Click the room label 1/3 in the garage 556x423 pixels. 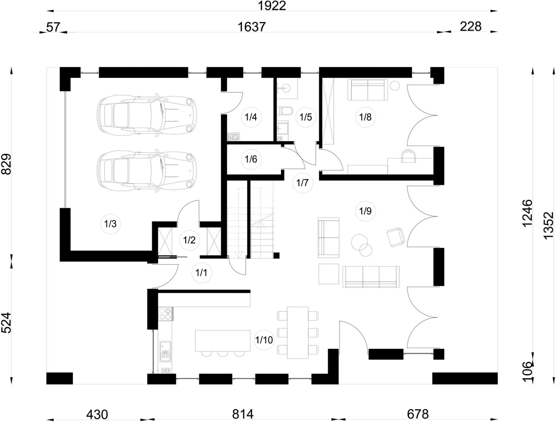pyautogui.click(x=110, y=224)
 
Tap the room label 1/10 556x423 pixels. pyautogui.click(x=264, y=340)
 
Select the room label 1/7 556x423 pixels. pyautogui.click(x=302, y=183)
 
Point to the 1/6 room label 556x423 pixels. pyautogui.click(x=251, y=159)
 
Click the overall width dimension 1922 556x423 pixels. pyautogui.click(x=272, y=6)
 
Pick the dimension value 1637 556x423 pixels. pyautogui.click(x=251, y=27)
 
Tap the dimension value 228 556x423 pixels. pyautogui.click(x=471, y=27)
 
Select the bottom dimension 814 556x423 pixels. pyautogui.click(x=243, y=415)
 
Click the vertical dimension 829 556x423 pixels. pyautogui.click(x=6, y=164)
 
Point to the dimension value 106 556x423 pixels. pyautogui.click(x=527, y=372)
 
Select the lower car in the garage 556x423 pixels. pyautogui.click(x=147, y=171)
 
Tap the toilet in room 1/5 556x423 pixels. pyautogui.click(x=285, y=110)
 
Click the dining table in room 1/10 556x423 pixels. pyautogui.click(x=298, y=333)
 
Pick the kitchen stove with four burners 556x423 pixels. pyautogui.click(x=165, y=313)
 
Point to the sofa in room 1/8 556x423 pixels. pyautogui.click(x=368, y=90)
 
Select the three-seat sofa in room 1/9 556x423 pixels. pyautogui.click(x=371, y=277)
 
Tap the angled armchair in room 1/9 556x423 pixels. pyautogui.click(x=396, y=237)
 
